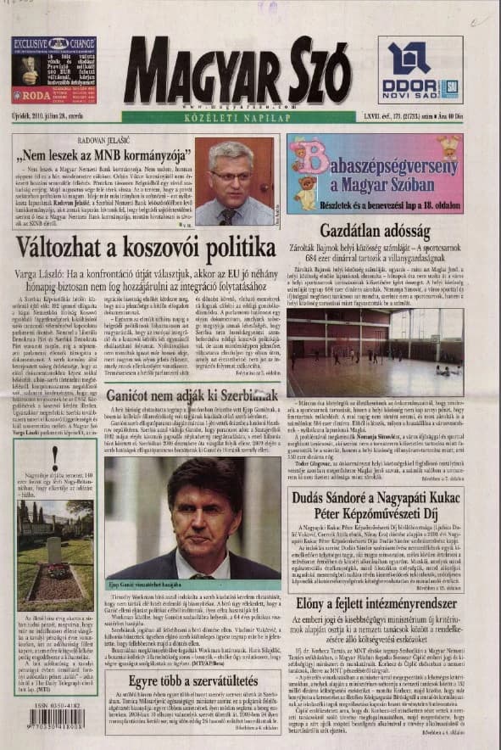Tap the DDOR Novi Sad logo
pyautogui.click(x=420, y=69)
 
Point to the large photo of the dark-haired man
pyautogui.click(x=192, y=518)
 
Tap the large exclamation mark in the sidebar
pyautogui.click(x=54, y=455)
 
